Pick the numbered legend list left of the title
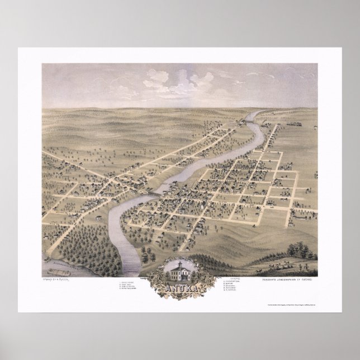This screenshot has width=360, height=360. (130, 285)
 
